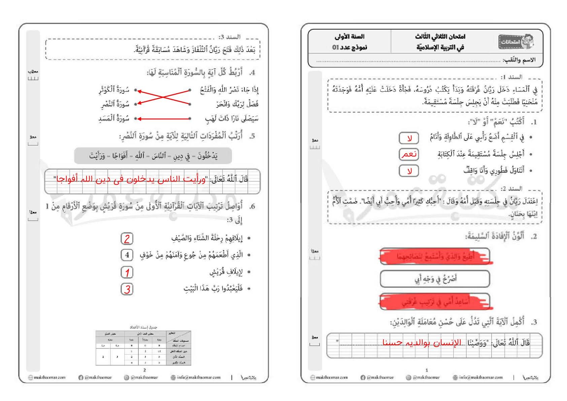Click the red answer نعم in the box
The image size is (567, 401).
(x=409, y=154)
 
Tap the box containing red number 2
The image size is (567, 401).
(x=127, y=239)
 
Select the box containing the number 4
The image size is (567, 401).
(x=127, y=255)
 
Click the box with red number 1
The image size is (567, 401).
(x=127, y=272)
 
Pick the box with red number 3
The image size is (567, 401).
(x=127, y=289)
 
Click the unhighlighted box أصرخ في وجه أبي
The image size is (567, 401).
(x=435, y=279)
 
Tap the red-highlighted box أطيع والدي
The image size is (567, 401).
(x=435, y=256)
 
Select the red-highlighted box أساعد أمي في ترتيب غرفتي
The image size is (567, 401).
(x=435, y=302)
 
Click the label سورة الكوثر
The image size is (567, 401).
(x=114, y=90)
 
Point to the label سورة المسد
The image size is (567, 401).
(x=114, y=118)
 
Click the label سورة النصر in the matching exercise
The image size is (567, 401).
(x=115, y=104)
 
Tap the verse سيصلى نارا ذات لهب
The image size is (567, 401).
(x=232, y=118)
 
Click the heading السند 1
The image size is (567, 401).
(x=511, y=77)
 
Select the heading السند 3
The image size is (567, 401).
(x=229, y=37)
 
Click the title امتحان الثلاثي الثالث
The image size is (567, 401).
(x=440, y=36)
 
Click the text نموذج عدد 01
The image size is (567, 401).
(x=349, y=47)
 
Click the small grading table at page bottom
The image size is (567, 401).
(x=143, y=347)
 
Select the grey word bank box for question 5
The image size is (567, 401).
(x=153, y=156)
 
